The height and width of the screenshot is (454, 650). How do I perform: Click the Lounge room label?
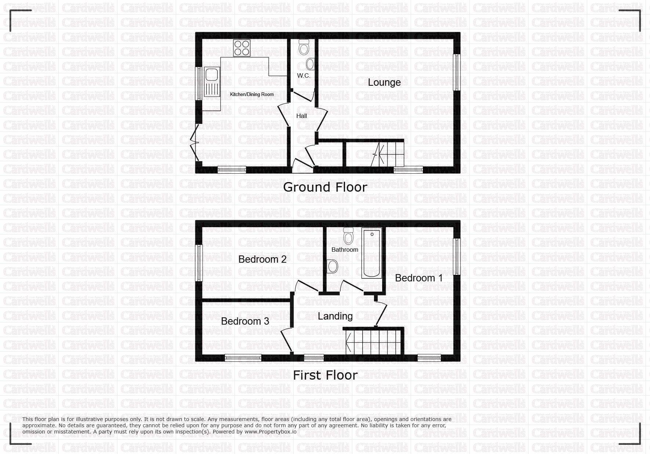click(x=384, y=82)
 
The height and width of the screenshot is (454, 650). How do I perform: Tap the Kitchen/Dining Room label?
click(x=252, y=94)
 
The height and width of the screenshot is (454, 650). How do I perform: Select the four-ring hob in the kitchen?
click(x=242, y=48)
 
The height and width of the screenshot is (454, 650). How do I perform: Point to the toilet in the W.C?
click(x=304, y=47)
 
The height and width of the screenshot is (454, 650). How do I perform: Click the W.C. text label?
click(x=304, y=75)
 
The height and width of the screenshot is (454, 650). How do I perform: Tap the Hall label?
click(x=302, y=116)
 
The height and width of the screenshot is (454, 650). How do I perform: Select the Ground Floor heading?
click(x=325, y=187)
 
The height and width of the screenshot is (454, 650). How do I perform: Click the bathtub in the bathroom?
click(x=372, y=253)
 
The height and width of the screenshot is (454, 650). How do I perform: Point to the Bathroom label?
click(x=345, y=250)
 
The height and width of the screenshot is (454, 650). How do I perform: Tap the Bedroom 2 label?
click(x=262, y=259)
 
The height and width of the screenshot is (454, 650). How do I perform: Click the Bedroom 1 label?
click(x=419, y=278)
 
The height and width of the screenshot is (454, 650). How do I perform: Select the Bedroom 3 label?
click(x=245, y=321)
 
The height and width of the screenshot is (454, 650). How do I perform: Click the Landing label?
click(x=335, y=316)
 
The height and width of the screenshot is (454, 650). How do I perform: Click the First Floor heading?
click(x=325, y=375)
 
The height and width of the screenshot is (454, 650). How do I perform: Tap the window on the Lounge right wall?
click(x=457, y=72)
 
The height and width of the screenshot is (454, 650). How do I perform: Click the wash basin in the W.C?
click(x=311, y=64)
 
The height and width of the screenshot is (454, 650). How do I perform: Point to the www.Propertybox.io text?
click(x=270, y=432)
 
